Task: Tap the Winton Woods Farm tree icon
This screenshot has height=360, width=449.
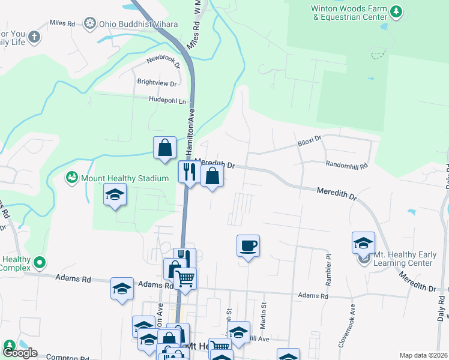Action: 396,11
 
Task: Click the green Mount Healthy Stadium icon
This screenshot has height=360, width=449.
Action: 71,178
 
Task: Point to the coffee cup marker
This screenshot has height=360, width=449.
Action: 248,245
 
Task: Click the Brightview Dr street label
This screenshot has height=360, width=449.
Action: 157,83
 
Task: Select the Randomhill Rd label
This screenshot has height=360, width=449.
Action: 346,164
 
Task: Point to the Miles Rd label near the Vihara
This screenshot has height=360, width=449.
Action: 62,23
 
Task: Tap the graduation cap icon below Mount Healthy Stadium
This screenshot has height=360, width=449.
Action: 115,195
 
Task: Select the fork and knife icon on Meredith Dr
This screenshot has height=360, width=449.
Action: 189,172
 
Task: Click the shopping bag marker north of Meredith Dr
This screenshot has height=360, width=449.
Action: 164,148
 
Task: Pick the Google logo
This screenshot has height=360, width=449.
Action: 20,352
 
